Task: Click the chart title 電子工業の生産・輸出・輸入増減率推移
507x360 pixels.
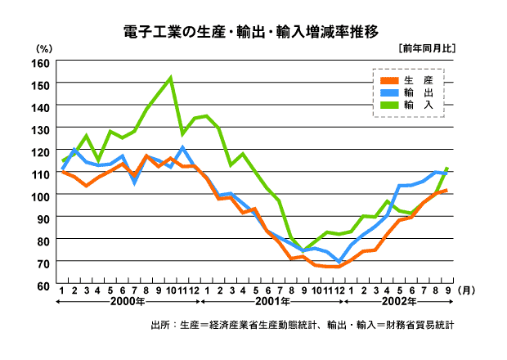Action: (x=251, y=33)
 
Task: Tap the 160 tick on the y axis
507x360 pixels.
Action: (x=40, y=62)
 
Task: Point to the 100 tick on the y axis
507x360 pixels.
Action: (x=40, y=196)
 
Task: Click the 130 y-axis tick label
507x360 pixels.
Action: (x=40, y=129)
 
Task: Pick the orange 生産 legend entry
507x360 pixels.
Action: (x=406, y=80)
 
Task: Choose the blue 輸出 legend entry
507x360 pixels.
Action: (x=406, y=92)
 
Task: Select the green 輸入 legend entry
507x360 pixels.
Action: (x=406, y=105)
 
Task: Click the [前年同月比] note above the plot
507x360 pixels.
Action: (x=424, y=48)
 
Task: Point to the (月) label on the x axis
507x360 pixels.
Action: (x=465, y=290)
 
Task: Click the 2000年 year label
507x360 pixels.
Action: (x=129, y=302)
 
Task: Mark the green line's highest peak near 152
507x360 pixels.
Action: (x=170, y=79)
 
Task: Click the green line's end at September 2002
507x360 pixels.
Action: (x=447, y=169)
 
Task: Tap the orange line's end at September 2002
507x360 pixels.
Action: (x=447, y=191)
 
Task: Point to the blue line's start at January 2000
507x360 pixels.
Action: (x=62, y=169)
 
